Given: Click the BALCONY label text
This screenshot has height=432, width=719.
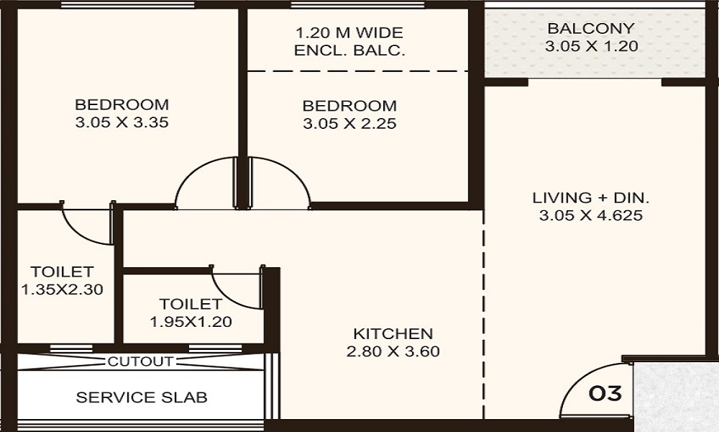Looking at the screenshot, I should (590, 29).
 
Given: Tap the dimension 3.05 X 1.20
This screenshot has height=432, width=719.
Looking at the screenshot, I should (590, 47).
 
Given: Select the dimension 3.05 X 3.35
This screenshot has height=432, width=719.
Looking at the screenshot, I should (122, 122).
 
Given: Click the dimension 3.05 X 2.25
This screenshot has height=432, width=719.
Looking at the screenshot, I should (349, 124).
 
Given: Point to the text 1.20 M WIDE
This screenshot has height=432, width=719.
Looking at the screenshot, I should (349, 33).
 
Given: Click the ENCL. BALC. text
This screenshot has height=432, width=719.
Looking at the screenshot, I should (349, 51).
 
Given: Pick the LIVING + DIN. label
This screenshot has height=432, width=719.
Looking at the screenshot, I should (586, 197).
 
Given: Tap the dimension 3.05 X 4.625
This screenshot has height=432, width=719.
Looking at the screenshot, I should (586, 215).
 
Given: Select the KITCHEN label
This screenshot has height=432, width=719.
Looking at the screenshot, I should (393, 334).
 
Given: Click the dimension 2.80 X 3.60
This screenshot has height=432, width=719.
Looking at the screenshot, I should (393, 352).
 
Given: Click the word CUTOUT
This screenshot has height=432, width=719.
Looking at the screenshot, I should (140, 361).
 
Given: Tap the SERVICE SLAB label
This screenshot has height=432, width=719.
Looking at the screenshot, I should (142, 397).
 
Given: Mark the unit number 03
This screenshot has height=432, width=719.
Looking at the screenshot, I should (605, 394).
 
